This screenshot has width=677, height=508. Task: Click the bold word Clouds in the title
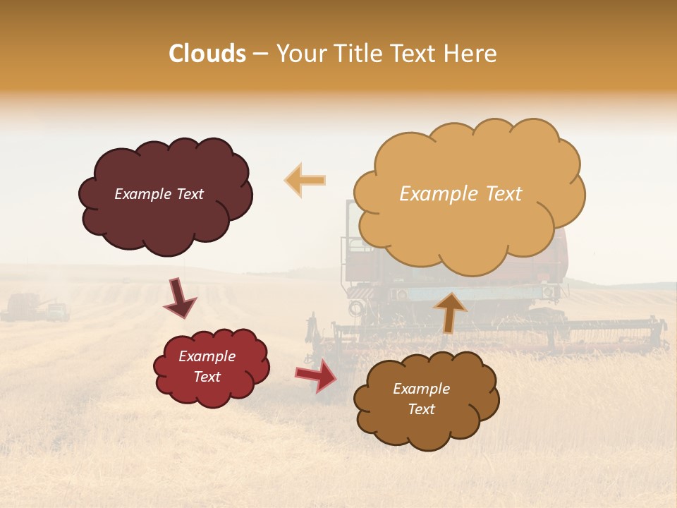pos(207,54)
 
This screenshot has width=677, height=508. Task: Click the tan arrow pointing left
pos(305,180)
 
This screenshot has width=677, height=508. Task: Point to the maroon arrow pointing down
pos(181,298)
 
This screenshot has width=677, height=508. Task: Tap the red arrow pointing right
pos(317,375)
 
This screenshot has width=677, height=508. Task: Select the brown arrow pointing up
pos(449,311)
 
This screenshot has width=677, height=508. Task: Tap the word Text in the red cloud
pos(207,377)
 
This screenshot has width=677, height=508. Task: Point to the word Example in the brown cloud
pos(421,389)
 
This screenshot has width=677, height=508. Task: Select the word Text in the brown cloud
pos(421,409)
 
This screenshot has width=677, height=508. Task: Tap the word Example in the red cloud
pos(207,356)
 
